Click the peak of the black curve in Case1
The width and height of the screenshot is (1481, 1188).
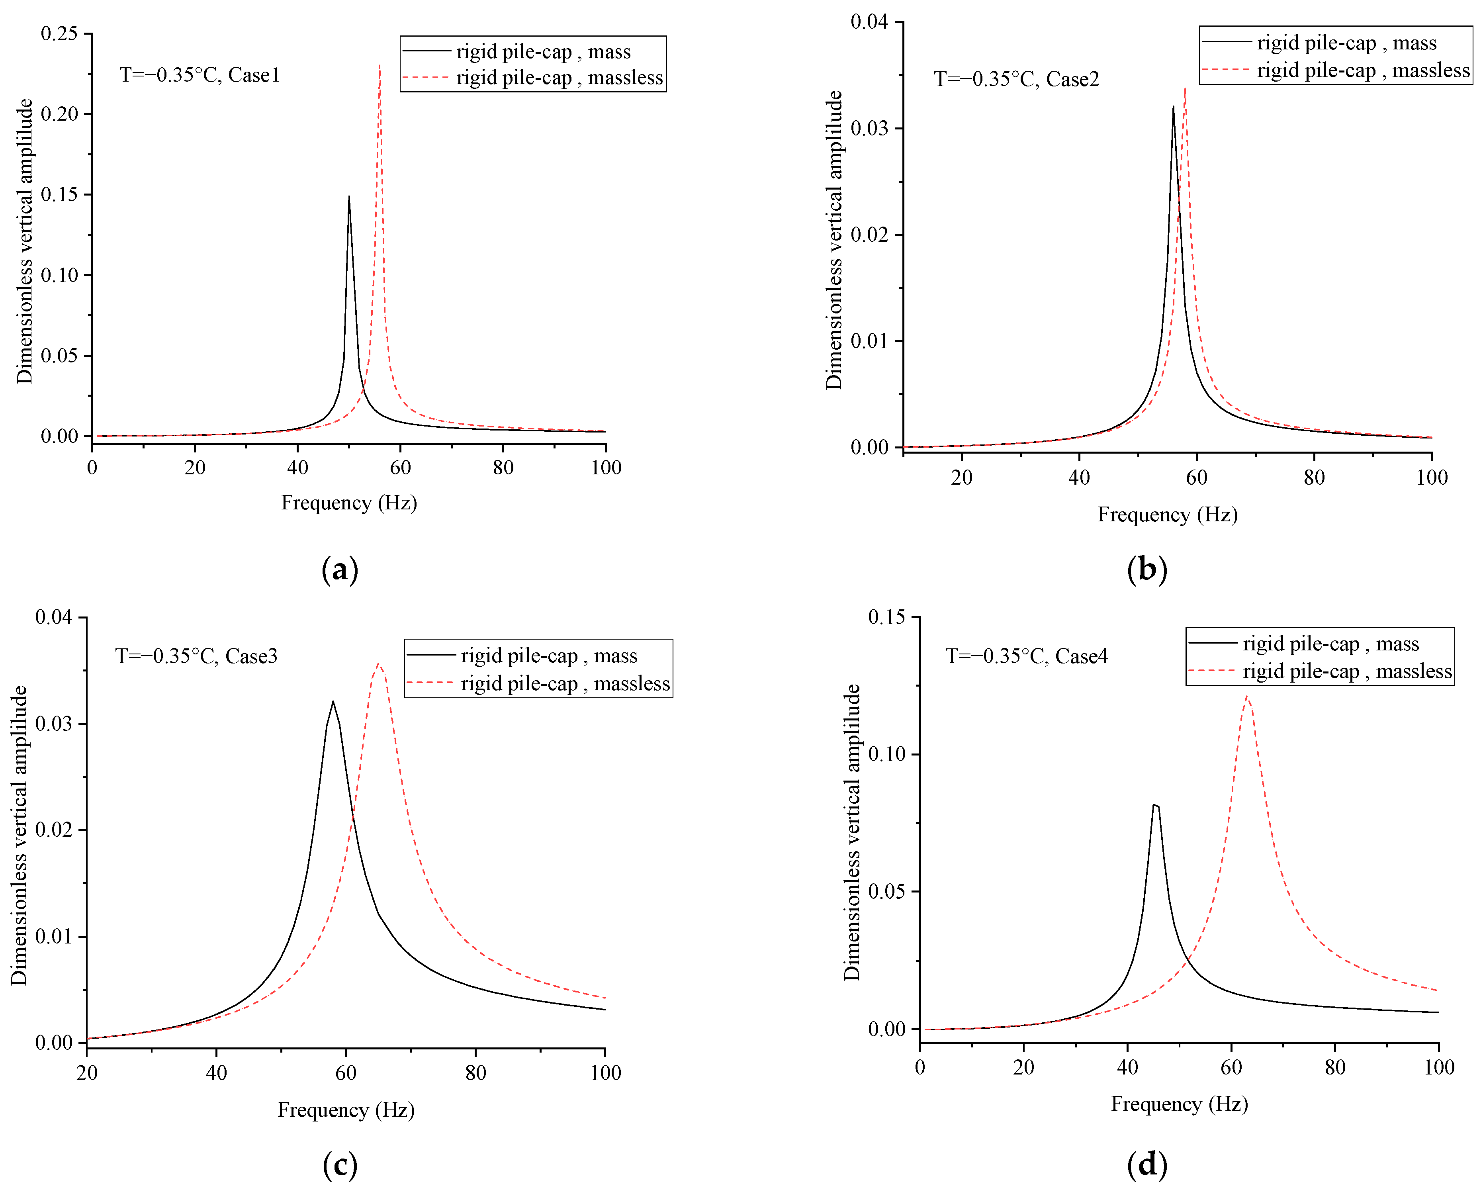[349, 196]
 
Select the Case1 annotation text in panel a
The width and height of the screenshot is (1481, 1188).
[200, 75]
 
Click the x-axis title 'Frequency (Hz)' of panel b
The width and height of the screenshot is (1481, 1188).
[1168, 515]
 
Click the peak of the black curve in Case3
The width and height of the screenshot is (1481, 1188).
[333, 702]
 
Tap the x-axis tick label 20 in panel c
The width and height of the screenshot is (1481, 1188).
[87, 1073]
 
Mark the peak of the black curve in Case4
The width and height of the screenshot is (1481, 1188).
[1155, 804]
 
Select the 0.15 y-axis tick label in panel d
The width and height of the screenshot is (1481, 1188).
[887, 617]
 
